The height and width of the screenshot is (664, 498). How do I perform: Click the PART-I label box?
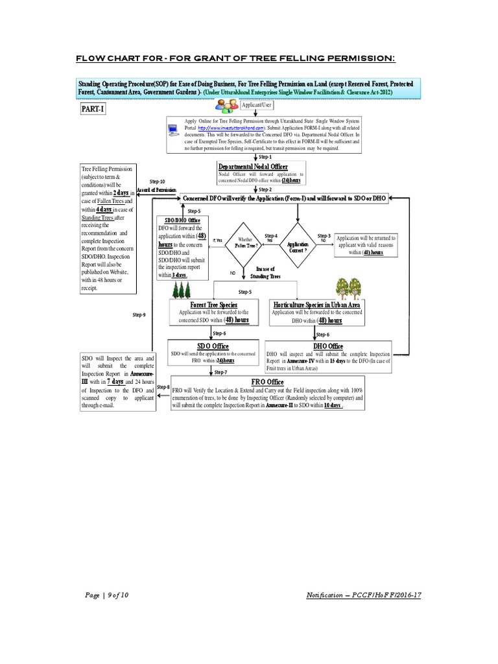(93, 110)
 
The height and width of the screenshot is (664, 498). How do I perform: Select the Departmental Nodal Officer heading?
(254, 167)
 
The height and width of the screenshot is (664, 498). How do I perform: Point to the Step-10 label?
(157, 182)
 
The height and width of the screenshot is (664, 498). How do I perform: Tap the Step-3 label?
(324, 235)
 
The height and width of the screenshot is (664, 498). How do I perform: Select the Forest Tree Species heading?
(213, 305)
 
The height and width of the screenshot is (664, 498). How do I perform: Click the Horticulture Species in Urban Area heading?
(316, 304)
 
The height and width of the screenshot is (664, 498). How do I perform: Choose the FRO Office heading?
(267, 382)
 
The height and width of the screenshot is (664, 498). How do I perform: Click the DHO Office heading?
(328, 346)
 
